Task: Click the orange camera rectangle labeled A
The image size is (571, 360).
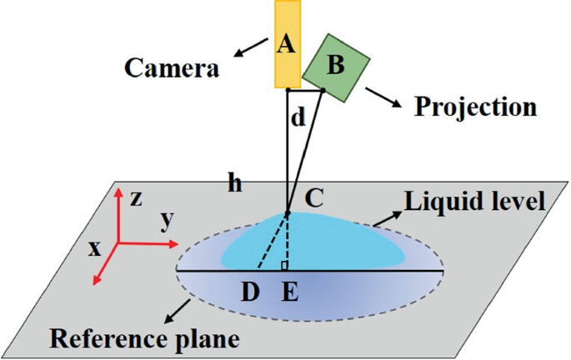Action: tap(286, 43)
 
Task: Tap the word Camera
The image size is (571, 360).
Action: tap(172, 67)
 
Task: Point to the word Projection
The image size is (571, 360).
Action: tap(475, 107)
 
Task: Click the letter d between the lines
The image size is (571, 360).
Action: tap(298, 119)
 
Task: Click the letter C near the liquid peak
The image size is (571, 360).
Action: tap(313, 198)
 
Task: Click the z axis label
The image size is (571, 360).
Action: tap(137, 197)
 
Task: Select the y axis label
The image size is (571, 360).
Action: tap(167, 220)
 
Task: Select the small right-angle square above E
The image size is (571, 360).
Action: tap(284, 267)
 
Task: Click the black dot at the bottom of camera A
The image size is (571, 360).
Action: tap(287, 87)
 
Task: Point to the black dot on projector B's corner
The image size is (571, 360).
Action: tap(323, 89)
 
